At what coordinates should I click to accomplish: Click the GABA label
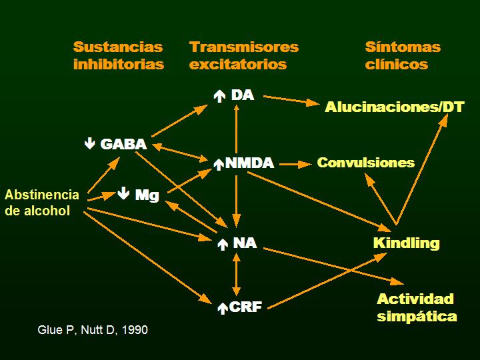point(123,143)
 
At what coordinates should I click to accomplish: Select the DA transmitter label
point(243,95)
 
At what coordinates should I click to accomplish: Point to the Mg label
point(147,195)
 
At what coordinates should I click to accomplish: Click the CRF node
point(245,307)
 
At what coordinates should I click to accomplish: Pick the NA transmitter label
point(245,243)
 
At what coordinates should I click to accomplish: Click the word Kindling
point(406,242)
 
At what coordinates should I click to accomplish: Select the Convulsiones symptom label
point(365,163)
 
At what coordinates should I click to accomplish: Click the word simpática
point(417,316)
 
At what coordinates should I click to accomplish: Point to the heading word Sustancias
point(118,47)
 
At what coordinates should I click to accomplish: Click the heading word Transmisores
point(244,47)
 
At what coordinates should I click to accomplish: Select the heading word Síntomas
point(403,47)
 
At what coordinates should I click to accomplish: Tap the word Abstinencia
point(41,195)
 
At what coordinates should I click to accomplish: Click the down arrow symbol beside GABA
point(90,143)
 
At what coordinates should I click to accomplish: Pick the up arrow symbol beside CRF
point(223,308)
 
